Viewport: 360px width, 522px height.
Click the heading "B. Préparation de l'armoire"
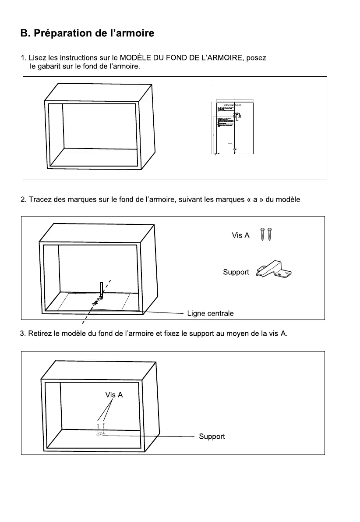click(87, 33)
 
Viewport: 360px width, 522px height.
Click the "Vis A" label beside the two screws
click(240, 235)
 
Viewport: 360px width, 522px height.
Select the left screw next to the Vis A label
click(263, 234)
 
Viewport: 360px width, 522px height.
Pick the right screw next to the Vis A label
click(270, 234)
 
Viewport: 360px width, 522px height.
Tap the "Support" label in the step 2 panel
click(236, 272)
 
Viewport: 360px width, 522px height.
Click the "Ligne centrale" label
click(210, 313)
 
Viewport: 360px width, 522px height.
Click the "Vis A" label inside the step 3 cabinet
click(114, 395)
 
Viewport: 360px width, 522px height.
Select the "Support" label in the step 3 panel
click(212, 437)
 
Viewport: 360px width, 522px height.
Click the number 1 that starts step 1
click(23, 58)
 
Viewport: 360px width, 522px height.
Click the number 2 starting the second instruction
click(23, 200)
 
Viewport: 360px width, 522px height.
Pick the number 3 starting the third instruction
click(23, 334)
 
